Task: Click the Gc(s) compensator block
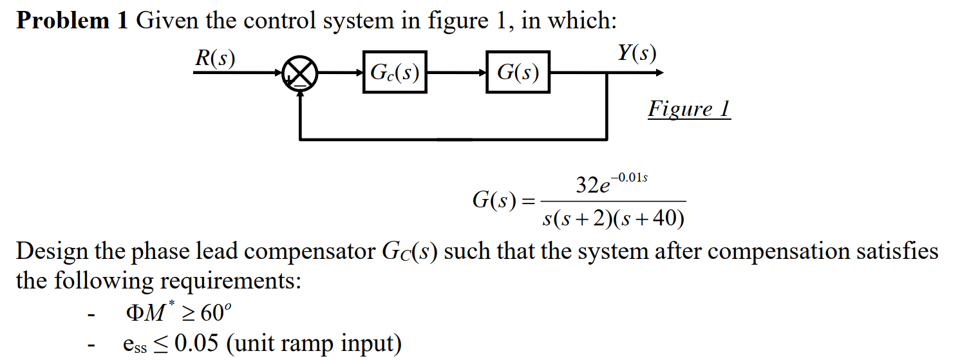pyautogui.click(x=394, y=72)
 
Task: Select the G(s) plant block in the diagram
pyautogui.click(x=518, y=72)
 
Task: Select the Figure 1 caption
pyautogui.click(x=688, y=109)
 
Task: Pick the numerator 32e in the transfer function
pyautogui.click(x=593, y=187)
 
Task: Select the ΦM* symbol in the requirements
pyautogui.click(x=149, y=313)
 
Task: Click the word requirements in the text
pyautogui.click(x=228, y=281)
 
